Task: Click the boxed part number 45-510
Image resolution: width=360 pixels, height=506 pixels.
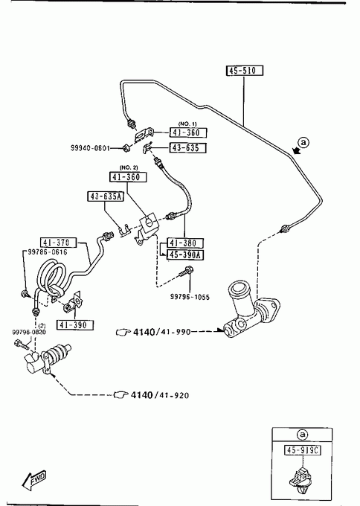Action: [x=245, y=71]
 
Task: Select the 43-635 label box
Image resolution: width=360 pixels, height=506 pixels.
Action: [x=188, y=148]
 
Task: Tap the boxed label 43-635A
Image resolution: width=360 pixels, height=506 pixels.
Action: [x=106, y=196]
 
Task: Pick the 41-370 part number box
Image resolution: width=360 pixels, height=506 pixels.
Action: [x=59, y=243]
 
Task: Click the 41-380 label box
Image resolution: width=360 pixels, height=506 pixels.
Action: [x=185, y=243]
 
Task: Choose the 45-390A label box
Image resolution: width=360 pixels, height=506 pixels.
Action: [x=185, y=254]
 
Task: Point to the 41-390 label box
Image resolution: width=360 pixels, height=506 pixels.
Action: [x=75, y=324]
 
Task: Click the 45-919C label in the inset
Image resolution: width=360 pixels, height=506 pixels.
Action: [x=303, y=450]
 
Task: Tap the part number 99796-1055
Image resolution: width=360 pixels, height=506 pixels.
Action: [x=190, y=297]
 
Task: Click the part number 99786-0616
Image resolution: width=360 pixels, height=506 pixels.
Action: [x=48, y=252]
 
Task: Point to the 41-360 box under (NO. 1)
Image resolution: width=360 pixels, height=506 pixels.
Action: [x=188, y=132]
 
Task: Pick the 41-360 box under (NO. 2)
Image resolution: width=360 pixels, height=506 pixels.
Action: [x=128, y=177]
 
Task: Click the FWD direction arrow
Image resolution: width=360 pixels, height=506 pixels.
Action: [x=34, y=480]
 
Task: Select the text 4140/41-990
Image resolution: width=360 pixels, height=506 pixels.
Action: [x=162, y=332]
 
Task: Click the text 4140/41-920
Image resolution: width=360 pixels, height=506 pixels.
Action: [x=160, y=394]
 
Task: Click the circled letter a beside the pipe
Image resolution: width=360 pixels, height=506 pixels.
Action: [x=303, y=142]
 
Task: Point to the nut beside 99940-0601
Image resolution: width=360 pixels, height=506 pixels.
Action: [x=126, y=148]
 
